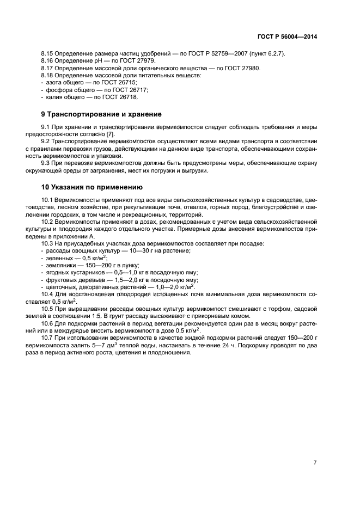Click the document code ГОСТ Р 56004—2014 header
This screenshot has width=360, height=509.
[x=286, y=36]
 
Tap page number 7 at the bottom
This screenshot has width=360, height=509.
[x=315, y=462]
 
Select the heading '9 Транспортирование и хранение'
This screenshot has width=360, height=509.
[x=102, y=115]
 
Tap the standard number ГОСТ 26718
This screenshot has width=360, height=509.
[x=121, y=96]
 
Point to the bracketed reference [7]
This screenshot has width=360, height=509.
[x=110, y=134]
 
